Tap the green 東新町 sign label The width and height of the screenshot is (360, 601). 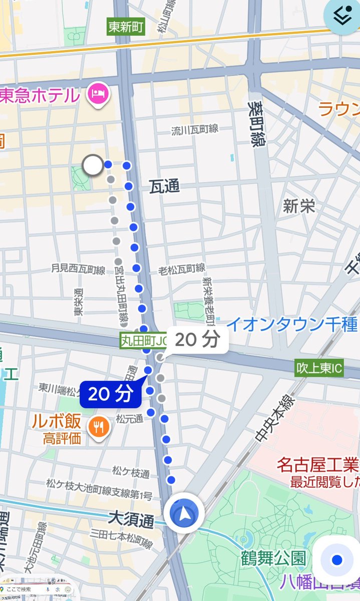click(x=126, y=27)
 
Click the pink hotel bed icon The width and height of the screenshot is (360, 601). click(x=97, y=93)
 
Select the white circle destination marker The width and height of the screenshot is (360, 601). click(x=93, y=165)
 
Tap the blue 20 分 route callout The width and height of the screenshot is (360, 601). click(x=110, y=395)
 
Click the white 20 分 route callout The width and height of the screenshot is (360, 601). click(x=197, y=340)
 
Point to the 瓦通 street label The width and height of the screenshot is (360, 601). click(x=164, y=187)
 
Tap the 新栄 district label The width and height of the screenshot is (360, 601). click(x=299, y=206)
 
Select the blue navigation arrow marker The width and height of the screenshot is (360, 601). click(x=184, y=513)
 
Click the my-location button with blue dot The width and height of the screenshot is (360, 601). click(x=337, y=559)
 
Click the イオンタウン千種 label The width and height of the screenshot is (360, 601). click(x=291, y=325)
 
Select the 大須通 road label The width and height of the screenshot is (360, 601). click(x=131, y=521)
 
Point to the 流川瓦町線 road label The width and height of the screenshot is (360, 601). click(x=195, y=130)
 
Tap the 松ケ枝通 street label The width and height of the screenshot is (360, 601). click(x=131, y=473)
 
